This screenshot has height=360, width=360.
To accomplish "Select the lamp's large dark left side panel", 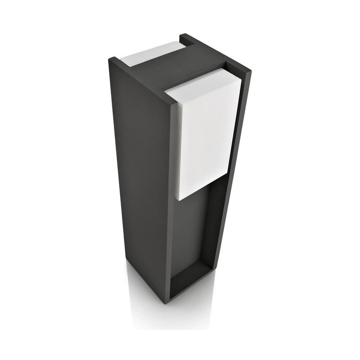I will click(x=138, y=180).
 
